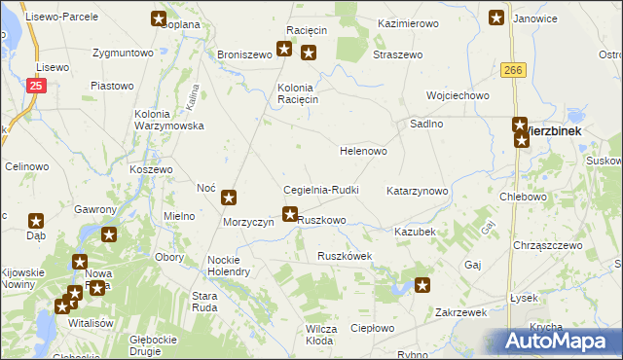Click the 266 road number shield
[x=514, y=70]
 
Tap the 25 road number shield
[x=35, y=87]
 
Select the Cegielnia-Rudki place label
[x=321, y=190]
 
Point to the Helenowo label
[x=363, y=152]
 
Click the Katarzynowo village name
[x=418, y=191]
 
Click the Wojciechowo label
[x=458, y=95]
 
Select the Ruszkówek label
[x=345, y=256]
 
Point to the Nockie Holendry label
[x=229, y=266]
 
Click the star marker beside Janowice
[x=496, y=17]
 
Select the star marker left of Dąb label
[x=36, y=221]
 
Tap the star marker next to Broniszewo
[x=284, y=49]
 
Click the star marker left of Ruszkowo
[x=289, y=214]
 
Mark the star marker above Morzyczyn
[x=229, y=198]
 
